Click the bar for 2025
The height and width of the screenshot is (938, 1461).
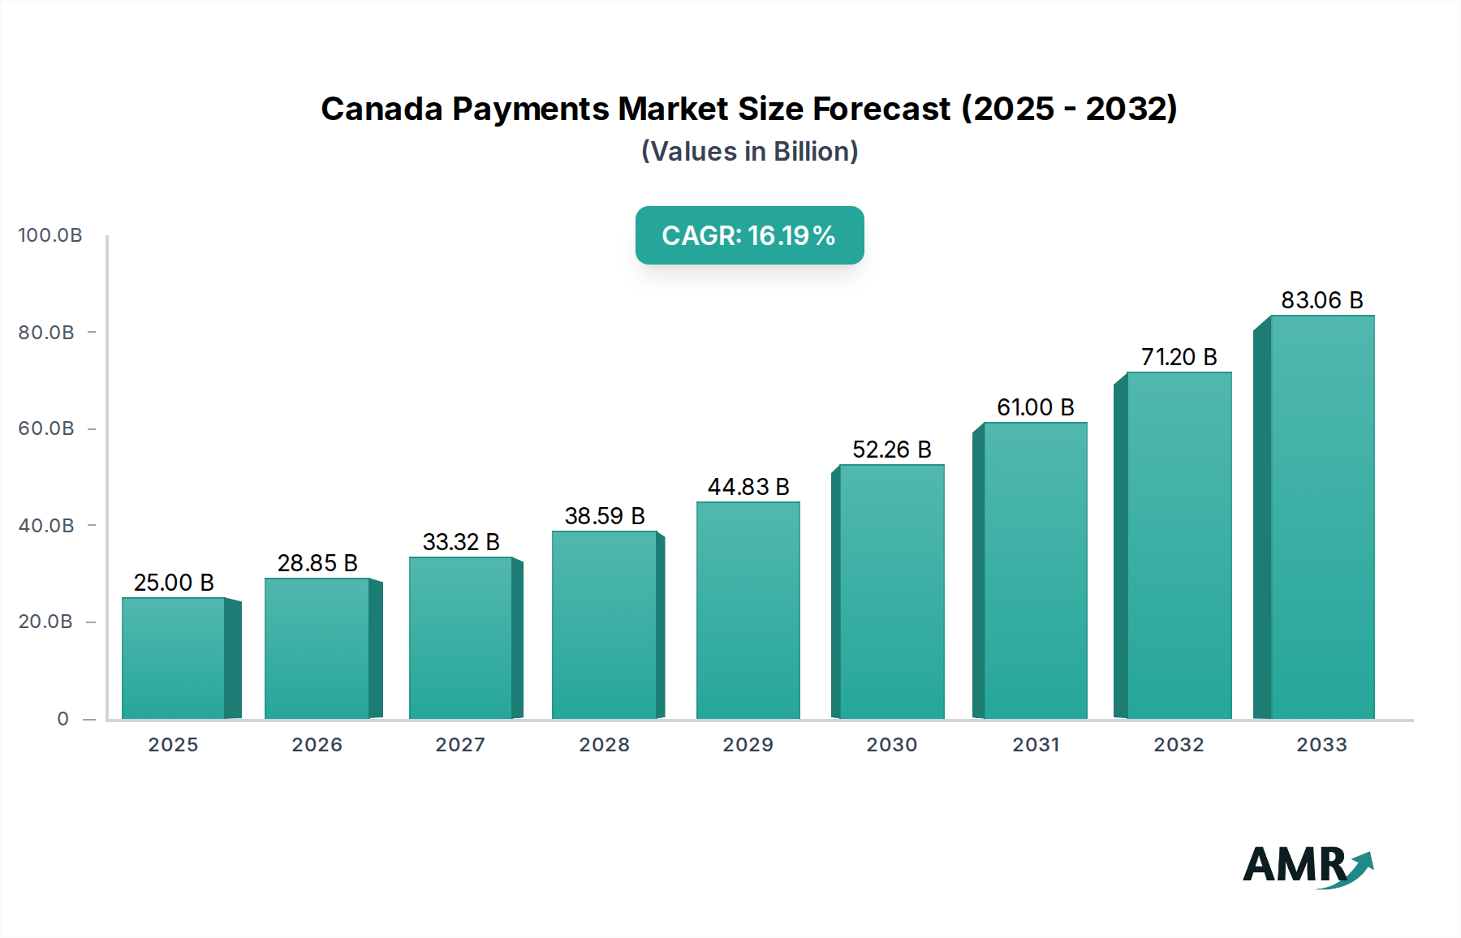(x=173, y=658)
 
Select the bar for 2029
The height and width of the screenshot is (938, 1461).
(x=748, y=610)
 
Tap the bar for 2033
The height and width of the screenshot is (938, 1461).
(x=1322, y=517)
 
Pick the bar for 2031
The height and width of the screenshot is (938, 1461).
(x=1035, y=570)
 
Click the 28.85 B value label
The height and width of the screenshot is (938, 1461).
(x=317, y=563)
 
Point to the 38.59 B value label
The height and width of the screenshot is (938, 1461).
(x=605, y=516)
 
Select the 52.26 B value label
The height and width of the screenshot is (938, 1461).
(x=891, y=450)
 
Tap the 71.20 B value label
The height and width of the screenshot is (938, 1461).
(x=1179, y=357)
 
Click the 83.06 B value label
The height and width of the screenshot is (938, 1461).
(x=1321, y=300)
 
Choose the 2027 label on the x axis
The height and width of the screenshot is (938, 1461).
(x=460, y=745)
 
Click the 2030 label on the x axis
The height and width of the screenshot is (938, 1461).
(x=891, y=745)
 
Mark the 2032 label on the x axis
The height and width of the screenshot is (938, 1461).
(x=1179, y=745)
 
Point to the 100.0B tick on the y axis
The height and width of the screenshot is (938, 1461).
(x=50, y=235)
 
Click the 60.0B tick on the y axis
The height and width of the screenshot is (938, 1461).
(x=46, y=428)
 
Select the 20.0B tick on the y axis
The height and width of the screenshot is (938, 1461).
(x=46, y=622)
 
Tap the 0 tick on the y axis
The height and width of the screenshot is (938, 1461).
(x=63, y=719)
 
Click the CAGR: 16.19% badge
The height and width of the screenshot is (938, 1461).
(x=749, y=235)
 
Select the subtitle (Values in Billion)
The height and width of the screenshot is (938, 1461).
(x=749, y=152)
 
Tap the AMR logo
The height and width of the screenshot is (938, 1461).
(x=1307, y=865)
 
